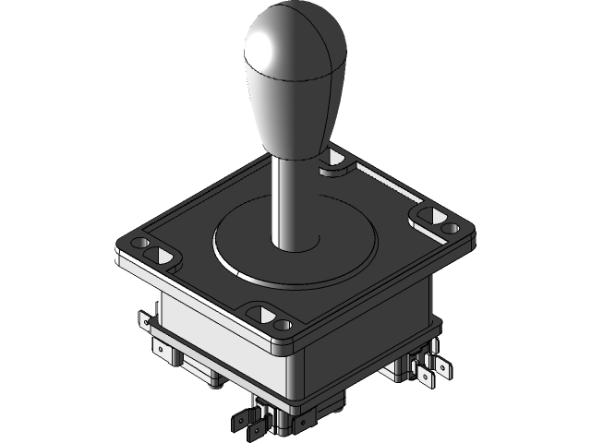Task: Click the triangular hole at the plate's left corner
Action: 163,253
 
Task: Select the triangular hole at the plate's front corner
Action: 261,315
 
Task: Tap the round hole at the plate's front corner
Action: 283,325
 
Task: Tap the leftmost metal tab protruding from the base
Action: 144,319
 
